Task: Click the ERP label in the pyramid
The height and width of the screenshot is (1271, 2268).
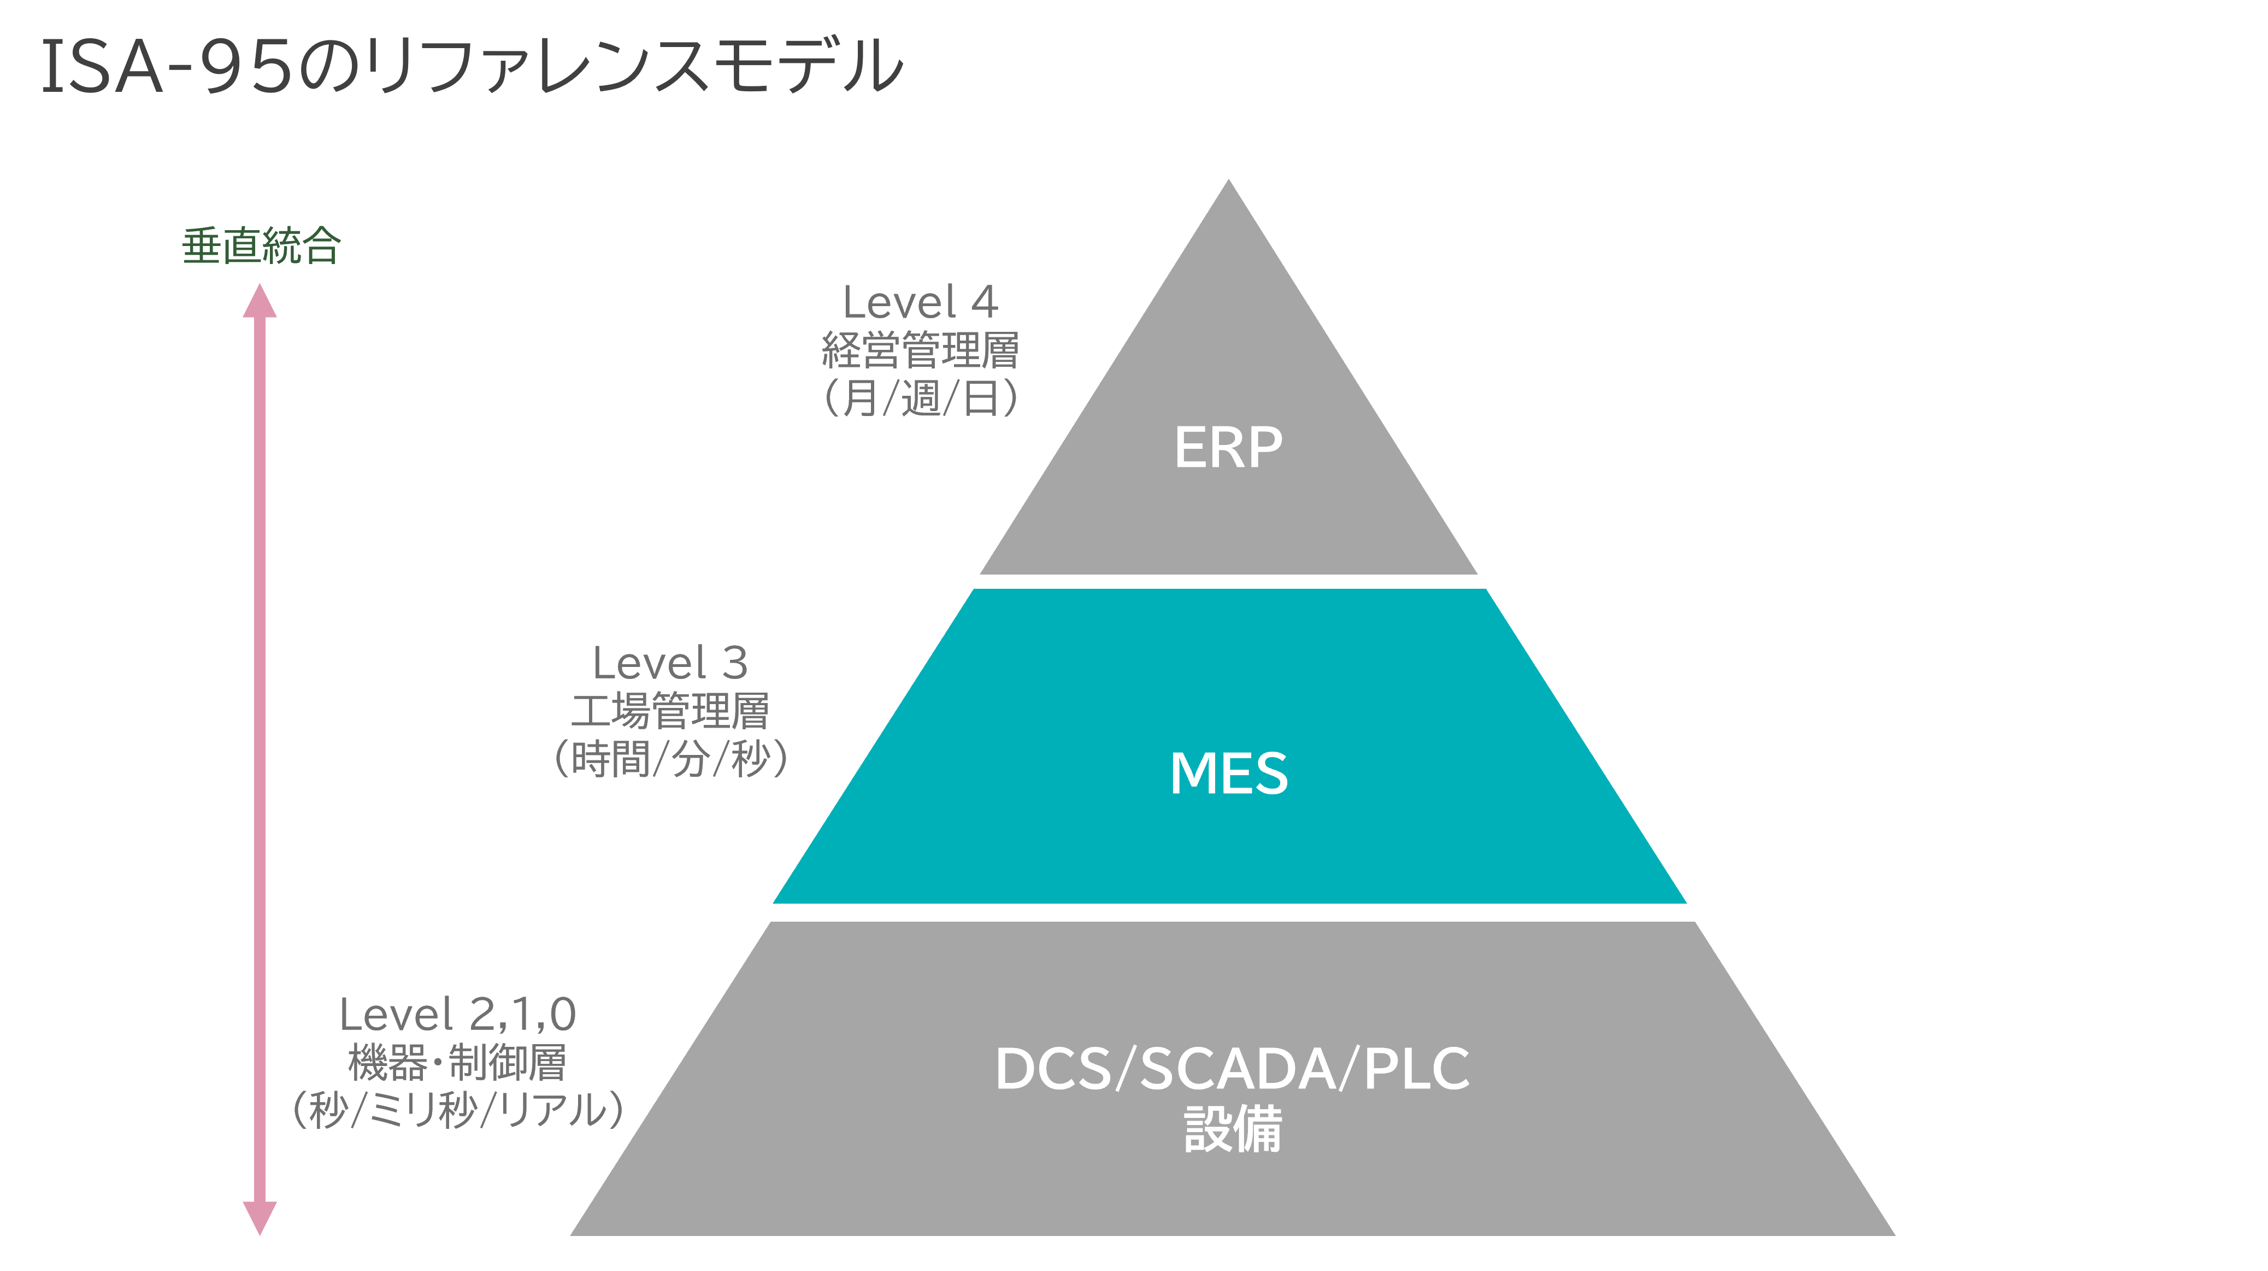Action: pos(1228,448)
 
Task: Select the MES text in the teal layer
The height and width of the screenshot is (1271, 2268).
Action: pos(1228,774)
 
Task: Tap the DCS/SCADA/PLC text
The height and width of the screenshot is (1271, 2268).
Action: pos(1232,1068)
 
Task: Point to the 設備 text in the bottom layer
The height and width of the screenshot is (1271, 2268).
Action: pos(1232,1130)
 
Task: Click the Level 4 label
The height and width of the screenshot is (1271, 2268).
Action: pos(920,302)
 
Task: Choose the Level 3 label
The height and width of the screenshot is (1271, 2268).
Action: pos(670,663)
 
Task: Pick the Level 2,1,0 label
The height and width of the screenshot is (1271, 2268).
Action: pos(458,1014)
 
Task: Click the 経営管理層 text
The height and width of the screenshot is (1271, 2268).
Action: pos(920,350)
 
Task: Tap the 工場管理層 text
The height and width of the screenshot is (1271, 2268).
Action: pos(670,711)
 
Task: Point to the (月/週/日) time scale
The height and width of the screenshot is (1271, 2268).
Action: pos(920,397)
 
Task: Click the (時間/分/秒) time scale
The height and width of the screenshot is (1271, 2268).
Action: pos(670,758)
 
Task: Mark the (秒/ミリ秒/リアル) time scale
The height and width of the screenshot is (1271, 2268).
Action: pos(458,1110)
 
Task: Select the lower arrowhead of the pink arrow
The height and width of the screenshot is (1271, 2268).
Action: pos(260,1217)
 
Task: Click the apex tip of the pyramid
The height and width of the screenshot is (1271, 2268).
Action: pos(1228,183)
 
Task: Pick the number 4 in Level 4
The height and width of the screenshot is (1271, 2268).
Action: pos(985,302)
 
